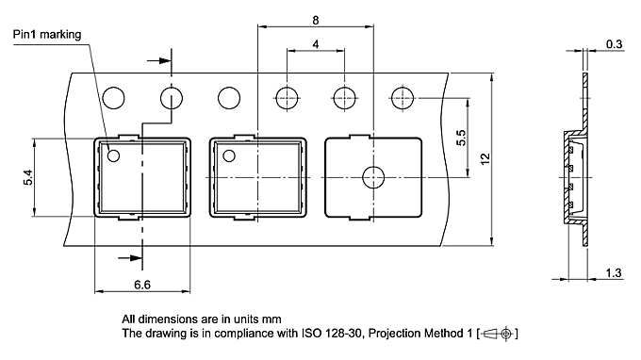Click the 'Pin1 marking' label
pos(46,35)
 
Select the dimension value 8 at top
pos(315,18)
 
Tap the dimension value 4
pos(315,44)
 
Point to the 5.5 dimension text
pos(461,139)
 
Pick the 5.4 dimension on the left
pos(27,176)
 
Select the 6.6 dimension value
pos(143,283)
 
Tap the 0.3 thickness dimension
pos(614,44)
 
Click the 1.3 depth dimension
pos(614,273)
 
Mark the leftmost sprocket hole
pos(114,97)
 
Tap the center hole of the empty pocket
pos(373,176)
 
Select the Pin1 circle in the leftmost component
pos(114,155)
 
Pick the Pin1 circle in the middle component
pos(229,155)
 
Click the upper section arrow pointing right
pos(159,62)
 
